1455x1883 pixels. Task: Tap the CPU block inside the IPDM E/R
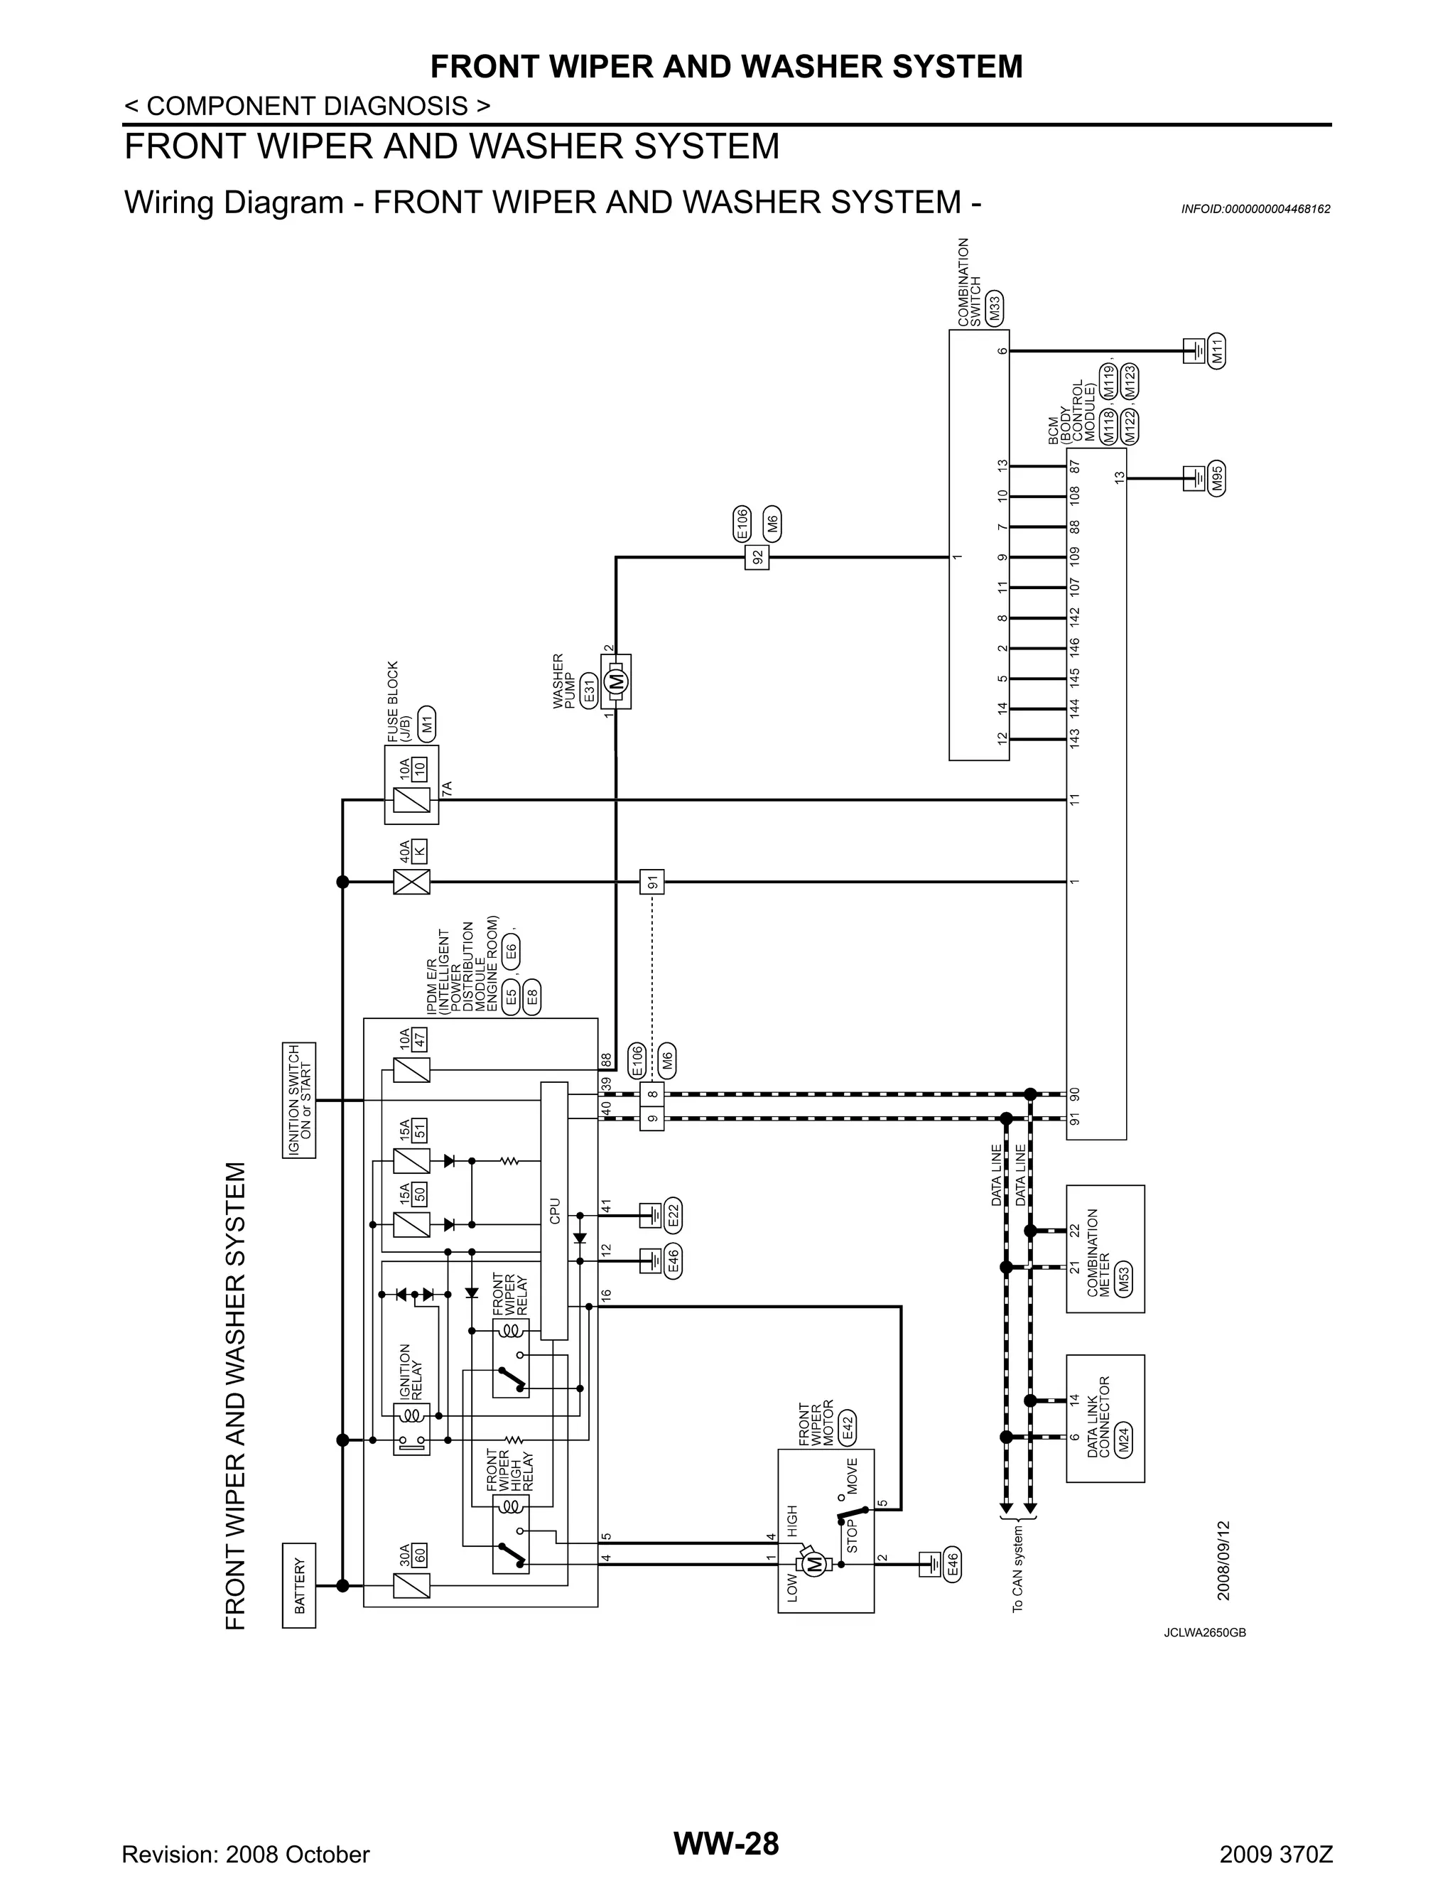tap(554, 1211)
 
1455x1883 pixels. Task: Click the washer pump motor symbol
tap(616, 681)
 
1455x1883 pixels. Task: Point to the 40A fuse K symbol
tap(411, 882)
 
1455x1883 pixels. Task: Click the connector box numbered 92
tap(757, 557)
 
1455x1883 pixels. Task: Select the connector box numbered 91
tap(652, 882)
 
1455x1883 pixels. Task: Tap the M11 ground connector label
tap(1217, 351)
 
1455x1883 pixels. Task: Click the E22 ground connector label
tap(674, 1216)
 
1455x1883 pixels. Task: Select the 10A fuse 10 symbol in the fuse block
tap(411, 799)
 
